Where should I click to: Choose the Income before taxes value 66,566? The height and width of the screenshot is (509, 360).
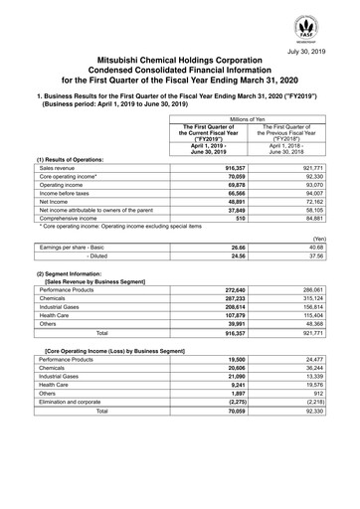(x=233, y=196)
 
